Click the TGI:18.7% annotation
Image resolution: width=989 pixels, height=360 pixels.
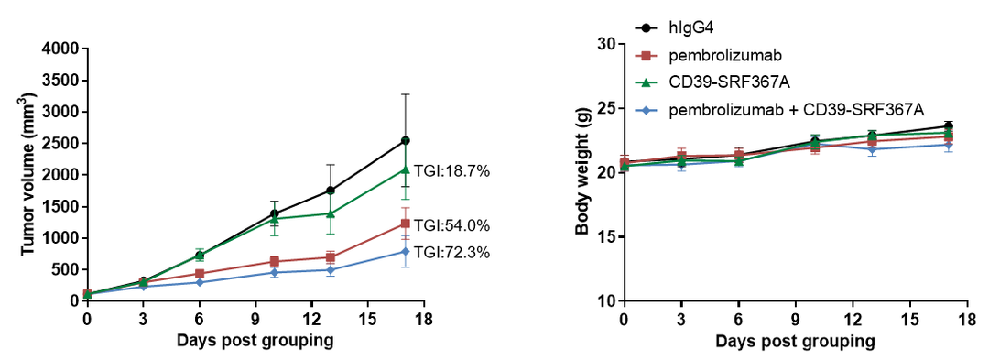pyautogui.click(x=452, y=171)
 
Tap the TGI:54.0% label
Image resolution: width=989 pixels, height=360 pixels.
pyautogui.click(x=452, y=225)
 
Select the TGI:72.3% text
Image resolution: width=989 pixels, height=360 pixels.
pyautogui.click(x=452, y=253)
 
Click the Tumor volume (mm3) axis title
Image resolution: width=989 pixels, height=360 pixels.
pyautogui.click(x=27, y=174)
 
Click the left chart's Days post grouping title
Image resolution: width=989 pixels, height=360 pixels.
pyautogui.click(x=255, y=341)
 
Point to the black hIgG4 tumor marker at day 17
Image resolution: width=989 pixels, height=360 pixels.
pyautogui.click(x=406, y=140)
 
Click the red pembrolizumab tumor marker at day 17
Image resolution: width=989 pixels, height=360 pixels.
pyautogui.click(x=406, y=224)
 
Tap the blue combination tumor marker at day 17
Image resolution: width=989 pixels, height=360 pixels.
pyautogui.click(x=406, y=252)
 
